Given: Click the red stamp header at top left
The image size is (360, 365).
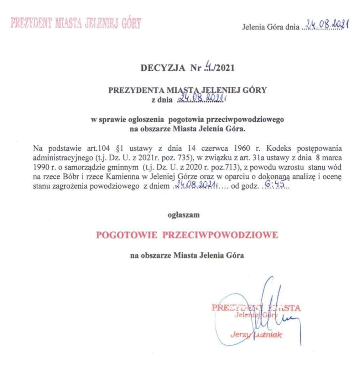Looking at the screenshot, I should pos(76,22).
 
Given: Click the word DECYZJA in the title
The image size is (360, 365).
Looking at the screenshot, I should pos(163,68).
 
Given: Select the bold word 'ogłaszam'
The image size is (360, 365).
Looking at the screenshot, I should pos(184,215).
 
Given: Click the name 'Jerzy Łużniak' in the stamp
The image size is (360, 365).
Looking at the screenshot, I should pos(256,334).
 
